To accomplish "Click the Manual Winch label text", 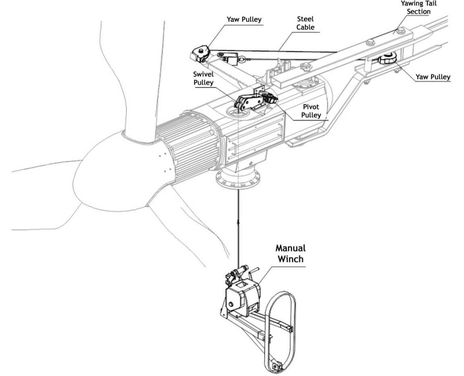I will click(x=290, y=253).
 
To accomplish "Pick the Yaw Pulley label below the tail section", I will click(x=433, y=77).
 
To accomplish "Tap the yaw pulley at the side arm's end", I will click(x=199, y=53).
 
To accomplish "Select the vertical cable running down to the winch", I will click(x=237, y=235).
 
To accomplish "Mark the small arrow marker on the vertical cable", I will click(x=237, y=223).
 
